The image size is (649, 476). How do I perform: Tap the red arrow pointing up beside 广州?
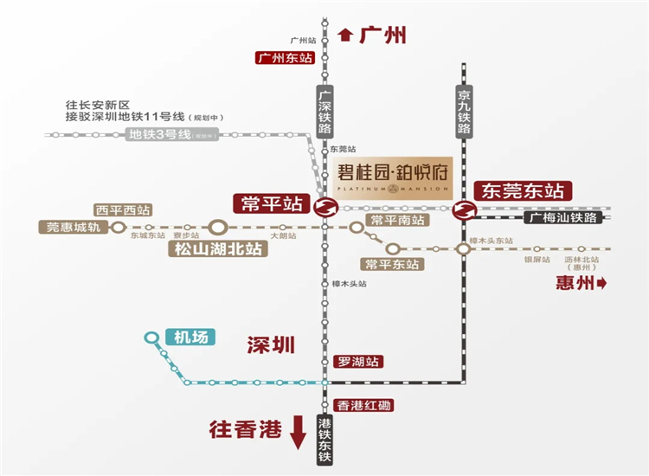point(346,35)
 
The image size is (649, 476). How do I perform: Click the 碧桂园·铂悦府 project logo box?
point(393,180)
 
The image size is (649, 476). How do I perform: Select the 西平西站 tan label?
point(123,209)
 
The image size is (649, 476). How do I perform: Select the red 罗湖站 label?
point(357,362)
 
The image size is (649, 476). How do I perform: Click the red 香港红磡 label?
point(363,405)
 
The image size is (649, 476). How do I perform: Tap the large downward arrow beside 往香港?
point(298,430)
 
